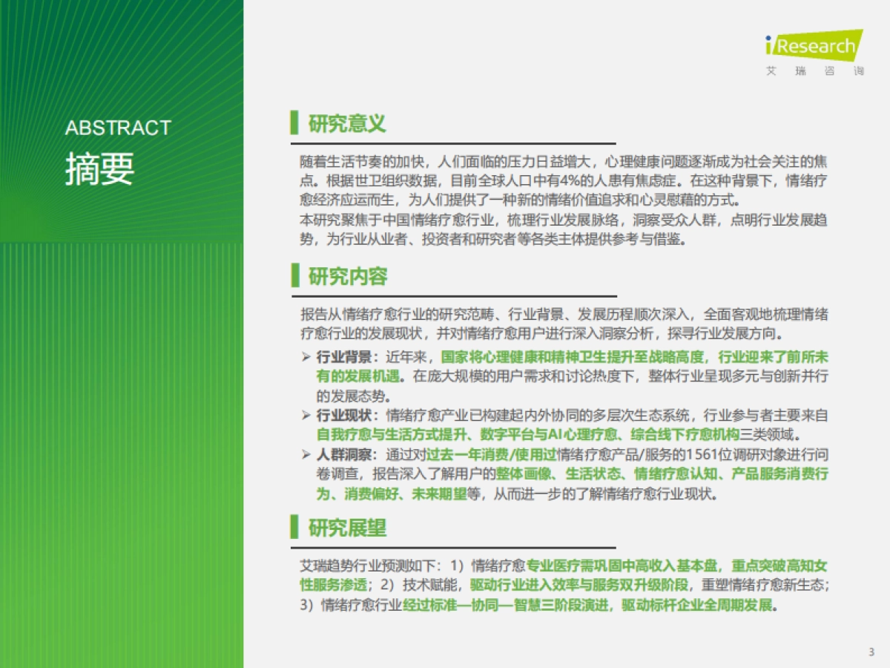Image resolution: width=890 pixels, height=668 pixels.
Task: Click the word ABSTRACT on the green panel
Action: [118, 128]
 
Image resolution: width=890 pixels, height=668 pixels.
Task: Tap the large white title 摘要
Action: [99, 168]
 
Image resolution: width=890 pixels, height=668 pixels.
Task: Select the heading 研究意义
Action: [347, 123]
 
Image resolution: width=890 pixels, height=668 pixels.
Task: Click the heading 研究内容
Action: [347, 277]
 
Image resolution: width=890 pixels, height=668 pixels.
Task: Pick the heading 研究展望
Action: [347, 528]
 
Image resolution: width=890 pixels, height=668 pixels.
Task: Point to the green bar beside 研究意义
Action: [294, 123]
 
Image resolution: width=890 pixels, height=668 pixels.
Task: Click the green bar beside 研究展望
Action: [294, 528]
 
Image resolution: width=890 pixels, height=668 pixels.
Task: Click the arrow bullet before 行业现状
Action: [306, 415]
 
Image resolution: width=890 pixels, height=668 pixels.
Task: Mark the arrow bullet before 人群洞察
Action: [306, 454]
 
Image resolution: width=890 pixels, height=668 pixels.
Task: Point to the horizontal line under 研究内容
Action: [452, 297]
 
